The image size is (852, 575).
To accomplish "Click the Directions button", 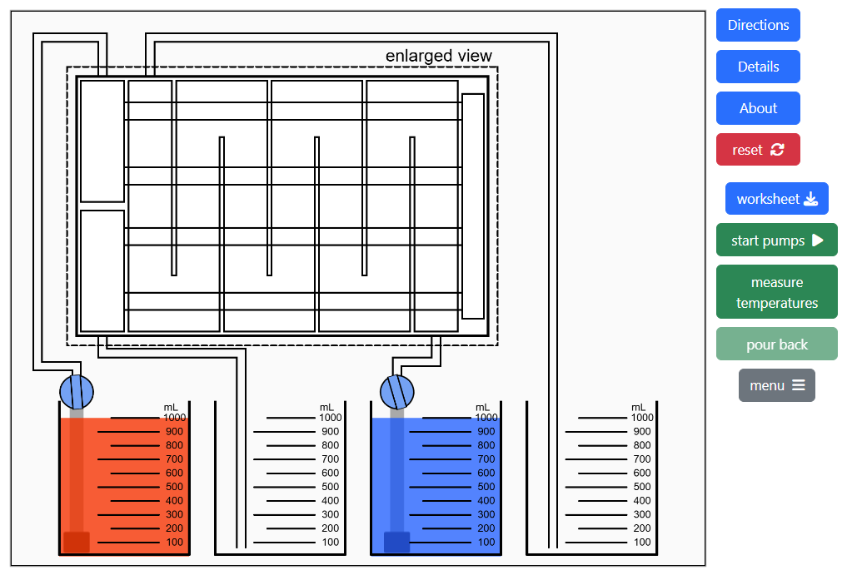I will pos(758,25).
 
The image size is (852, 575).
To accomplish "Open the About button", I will pos(758,108).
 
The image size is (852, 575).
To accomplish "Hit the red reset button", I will pos(758,150).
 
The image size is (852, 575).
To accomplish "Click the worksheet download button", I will pos(776,199).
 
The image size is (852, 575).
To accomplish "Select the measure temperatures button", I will pos(776,292).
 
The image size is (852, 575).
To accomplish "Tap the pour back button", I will pos(776,344).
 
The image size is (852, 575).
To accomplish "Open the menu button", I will pos(776,385).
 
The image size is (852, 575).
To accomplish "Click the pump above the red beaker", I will pos(77,390).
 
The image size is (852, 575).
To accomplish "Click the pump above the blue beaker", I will pos(396,390).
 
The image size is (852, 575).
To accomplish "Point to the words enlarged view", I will pos(438,56).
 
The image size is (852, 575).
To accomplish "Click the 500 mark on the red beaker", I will pos(174,487).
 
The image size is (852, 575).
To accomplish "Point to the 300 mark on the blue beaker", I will pos(486,514).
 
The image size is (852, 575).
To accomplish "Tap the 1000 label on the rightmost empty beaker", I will pos(641,418).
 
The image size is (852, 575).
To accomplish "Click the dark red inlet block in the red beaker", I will pos(77,542).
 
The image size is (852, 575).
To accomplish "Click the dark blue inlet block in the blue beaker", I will pos(396,542).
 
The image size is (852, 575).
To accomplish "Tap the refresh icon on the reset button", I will pos(777,150).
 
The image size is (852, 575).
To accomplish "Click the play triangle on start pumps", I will pos(817,240).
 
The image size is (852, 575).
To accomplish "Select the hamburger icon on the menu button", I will pos(798,385).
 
